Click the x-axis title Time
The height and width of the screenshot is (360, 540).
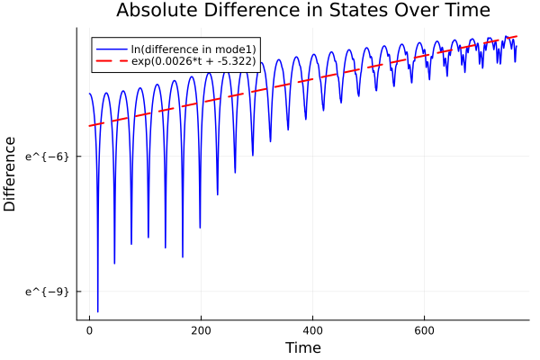click(x=302, y=347)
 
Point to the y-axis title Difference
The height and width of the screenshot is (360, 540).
click(x=11, y=174)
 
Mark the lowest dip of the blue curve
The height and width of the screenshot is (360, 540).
click(x=97, y=311)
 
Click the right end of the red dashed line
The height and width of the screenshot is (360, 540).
click(x=517, y=37)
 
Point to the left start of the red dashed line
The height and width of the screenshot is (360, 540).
click(x=89, y=126)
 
